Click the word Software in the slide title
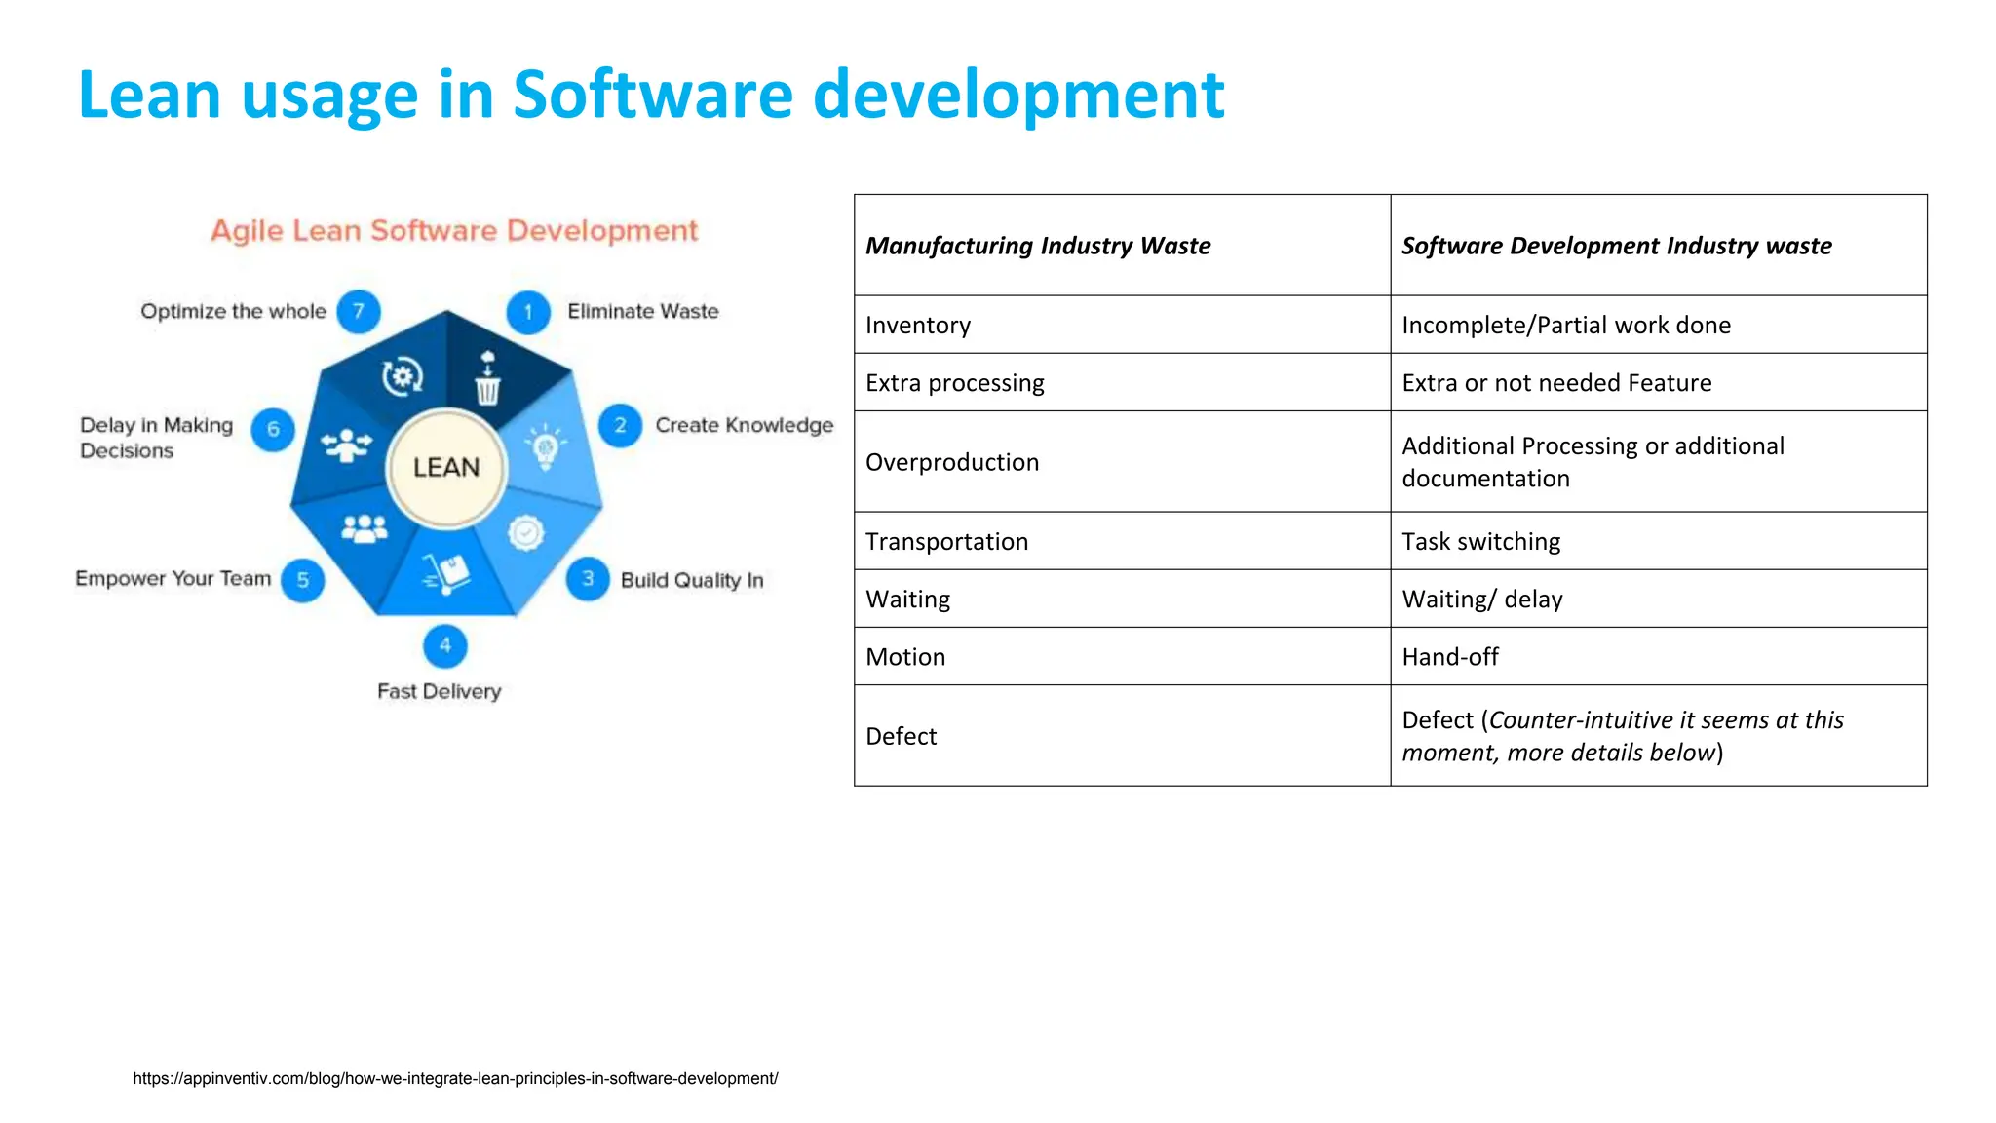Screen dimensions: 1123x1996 tap(652, 95)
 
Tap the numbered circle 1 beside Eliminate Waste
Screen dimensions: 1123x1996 tap(528, 312)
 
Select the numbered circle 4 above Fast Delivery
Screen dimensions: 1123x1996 tap(445, 645)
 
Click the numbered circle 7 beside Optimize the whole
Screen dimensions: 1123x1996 tap(359, 311)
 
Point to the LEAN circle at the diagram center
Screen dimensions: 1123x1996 tap(446, 468)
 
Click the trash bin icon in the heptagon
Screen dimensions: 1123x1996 tap(487, 378)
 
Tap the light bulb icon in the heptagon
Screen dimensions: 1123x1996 tap(546, 446)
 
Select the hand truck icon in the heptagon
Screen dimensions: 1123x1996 tap(446, 572)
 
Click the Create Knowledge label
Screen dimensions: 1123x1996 tap(744, 425)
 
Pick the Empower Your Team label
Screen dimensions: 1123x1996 tap(173, 579)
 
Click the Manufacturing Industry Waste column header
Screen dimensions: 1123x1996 tap(1038, 246)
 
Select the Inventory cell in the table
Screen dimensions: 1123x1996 tap(918, 325)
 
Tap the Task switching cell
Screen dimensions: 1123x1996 tap(1480, 541)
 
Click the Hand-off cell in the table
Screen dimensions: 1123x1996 tap(1449, 657)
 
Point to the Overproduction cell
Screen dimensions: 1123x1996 tap(952, 462)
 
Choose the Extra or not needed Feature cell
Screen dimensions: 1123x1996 tap(1556, 383)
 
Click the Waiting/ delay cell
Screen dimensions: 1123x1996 tap(1481, 600)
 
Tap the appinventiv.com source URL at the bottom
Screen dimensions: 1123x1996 tap(455, 1078)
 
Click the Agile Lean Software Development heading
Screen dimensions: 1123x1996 tap(454, 231)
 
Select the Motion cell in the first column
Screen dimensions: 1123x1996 tap(905, 657)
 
